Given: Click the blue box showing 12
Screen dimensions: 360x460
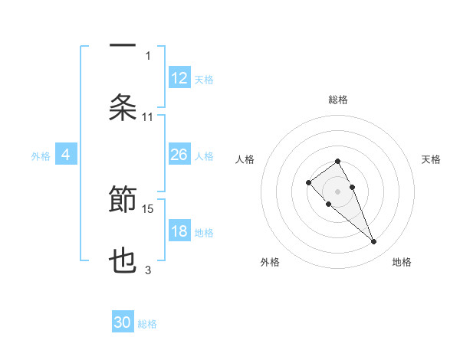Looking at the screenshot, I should click(x=179, y=78).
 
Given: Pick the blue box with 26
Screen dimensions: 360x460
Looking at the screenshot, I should click(x=179, y=155).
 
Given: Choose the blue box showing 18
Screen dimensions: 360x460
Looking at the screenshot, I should click(x=179, y=231).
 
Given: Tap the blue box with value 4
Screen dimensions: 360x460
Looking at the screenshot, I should click(x=66, y=155).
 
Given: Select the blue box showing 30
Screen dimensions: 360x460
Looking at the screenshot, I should click(x=123, y=322).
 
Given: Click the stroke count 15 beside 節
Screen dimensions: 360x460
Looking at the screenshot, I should click(x=149, y=208).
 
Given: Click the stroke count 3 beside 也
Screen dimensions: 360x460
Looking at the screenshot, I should click(x=148, y=270).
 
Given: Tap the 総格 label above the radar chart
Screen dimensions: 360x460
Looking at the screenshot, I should click(x=338, y=100).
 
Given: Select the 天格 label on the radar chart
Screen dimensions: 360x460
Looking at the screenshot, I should click(x=431, y=159).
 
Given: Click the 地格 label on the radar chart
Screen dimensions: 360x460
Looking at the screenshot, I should click(x=402, y=262).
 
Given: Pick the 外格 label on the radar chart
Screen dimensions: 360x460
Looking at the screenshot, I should click(x=270, y=262).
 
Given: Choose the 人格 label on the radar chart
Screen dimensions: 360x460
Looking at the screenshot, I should click(x=245, y=159).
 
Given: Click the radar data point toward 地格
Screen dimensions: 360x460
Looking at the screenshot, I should click(x=373, y=242).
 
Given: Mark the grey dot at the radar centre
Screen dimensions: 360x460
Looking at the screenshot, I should click(x=338, y=191).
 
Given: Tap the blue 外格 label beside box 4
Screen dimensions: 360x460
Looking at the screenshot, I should click(x=41, y=156).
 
